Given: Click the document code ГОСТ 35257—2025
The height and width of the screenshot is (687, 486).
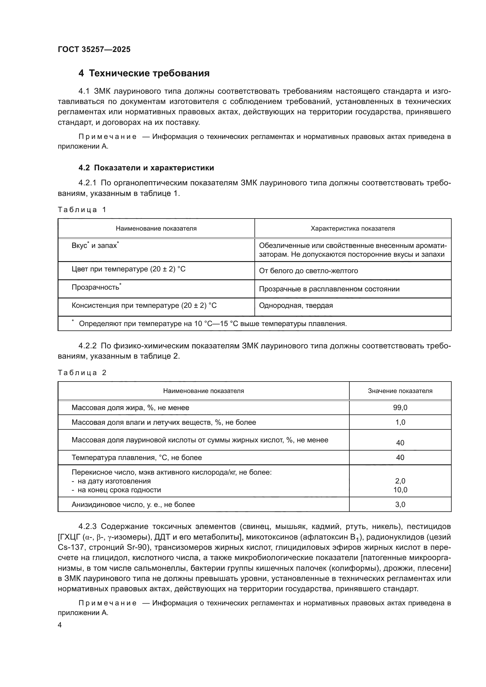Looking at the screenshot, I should click(94, 50).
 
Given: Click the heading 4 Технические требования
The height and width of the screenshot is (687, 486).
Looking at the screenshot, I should click(144, 73).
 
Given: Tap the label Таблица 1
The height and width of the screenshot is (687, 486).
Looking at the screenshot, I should click(82, 210).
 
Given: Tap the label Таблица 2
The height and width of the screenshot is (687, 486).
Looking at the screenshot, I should click(82, 373).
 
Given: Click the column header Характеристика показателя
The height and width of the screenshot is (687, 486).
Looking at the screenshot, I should click(353, 229).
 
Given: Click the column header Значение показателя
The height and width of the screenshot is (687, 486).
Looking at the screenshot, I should click(400, 391).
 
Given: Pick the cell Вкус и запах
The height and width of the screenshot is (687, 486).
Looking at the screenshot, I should click(95, 246).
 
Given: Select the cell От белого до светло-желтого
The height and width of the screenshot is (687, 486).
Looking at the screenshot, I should click(308, 271).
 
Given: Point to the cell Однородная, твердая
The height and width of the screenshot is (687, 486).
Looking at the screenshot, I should click(296, 306).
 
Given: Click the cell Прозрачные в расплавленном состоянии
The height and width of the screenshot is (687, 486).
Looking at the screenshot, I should click(329, 289).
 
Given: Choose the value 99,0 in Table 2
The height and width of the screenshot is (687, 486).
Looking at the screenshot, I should click(400, 408).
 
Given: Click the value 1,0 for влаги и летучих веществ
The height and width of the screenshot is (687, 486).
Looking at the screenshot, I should click(400, 422).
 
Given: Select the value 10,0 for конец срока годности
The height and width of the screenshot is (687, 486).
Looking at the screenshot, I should click(400, 490).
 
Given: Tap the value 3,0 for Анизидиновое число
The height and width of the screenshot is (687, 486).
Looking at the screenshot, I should click(400, 505).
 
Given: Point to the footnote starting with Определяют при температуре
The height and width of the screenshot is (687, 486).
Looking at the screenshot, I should click(212, 324).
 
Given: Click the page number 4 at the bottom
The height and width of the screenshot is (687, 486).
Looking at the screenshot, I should click(60, 625).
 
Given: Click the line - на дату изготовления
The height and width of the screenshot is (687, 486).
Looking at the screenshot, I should click(111, 481).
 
